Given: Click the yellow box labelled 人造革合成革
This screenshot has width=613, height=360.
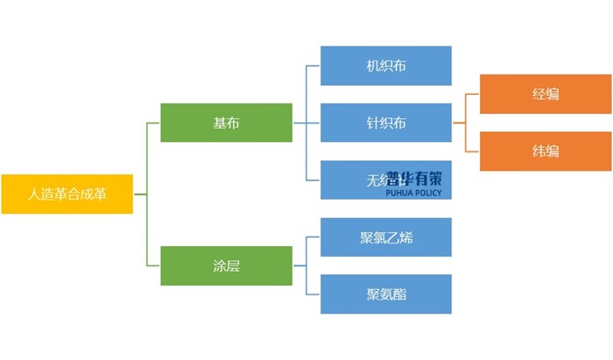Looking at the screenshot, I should (67, 194).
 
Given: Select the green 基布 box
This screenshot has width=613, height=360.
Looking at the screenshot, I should (226, 123).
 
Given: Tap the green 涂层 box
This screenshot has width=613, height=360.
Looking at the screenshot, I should (226, 266).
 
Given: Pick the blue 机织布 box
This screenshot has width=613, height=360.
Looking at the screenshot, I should (386, 66).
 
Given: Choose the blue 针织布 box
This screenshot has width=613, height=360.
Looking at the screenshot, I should (386, 123).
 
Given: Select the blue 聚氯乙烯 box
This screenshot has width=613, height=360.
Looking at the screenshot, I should (386, 237).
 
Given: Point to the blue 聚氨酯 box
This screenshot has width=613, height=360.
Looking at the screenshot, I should (386, 294).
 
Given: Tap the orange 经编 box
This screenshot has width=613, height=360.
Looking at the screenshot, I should (545, 94).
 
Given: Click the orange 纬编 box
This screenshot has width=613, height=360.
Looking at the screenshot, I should (545, 151).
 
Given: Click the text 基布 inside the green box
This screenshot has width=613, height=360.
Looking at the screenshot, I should (226, 123).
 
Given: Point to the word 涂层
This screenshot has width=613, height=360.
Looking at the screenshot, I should (226, 266).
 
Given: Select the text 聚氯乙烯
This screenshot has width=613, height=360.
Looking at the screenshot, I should (386, 237).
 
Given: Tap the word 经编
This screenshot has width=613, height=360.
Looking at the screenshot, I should (545, 94).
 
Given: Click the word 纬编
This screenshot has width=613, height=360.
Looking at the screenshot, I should (545, 151).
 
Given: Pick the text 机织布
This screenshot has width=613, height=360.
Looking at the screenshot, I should (386, 66).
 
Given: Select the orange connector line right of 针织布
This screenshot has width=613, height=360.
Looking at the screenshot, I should (466, 123).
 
